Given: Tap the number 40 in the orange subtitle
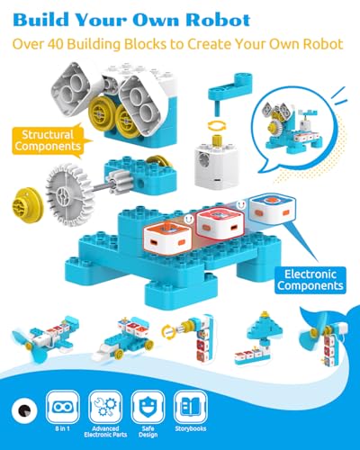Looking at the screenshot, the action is pos(54,44).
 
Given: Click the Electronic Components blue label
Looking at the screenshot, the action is pos(310,280).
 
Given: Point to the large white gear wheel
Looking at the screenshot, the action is pos(69,194).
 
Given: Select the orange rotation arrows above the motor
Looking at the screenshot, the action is pos(217,125).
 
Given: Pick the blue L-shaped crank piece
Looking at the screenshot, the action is pos(229,90).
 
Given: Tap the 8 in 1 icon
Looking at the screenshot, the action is pos(63,407).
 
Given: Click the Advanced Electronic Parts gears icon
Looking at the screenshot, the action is pos(105,407).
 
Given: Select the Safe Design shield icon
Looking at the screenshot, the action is pos(148,407).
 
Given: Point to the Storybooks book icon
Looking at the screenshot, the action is pos(191,407).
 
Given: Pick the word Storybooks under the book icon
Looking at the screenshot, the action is pos(191,428).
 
